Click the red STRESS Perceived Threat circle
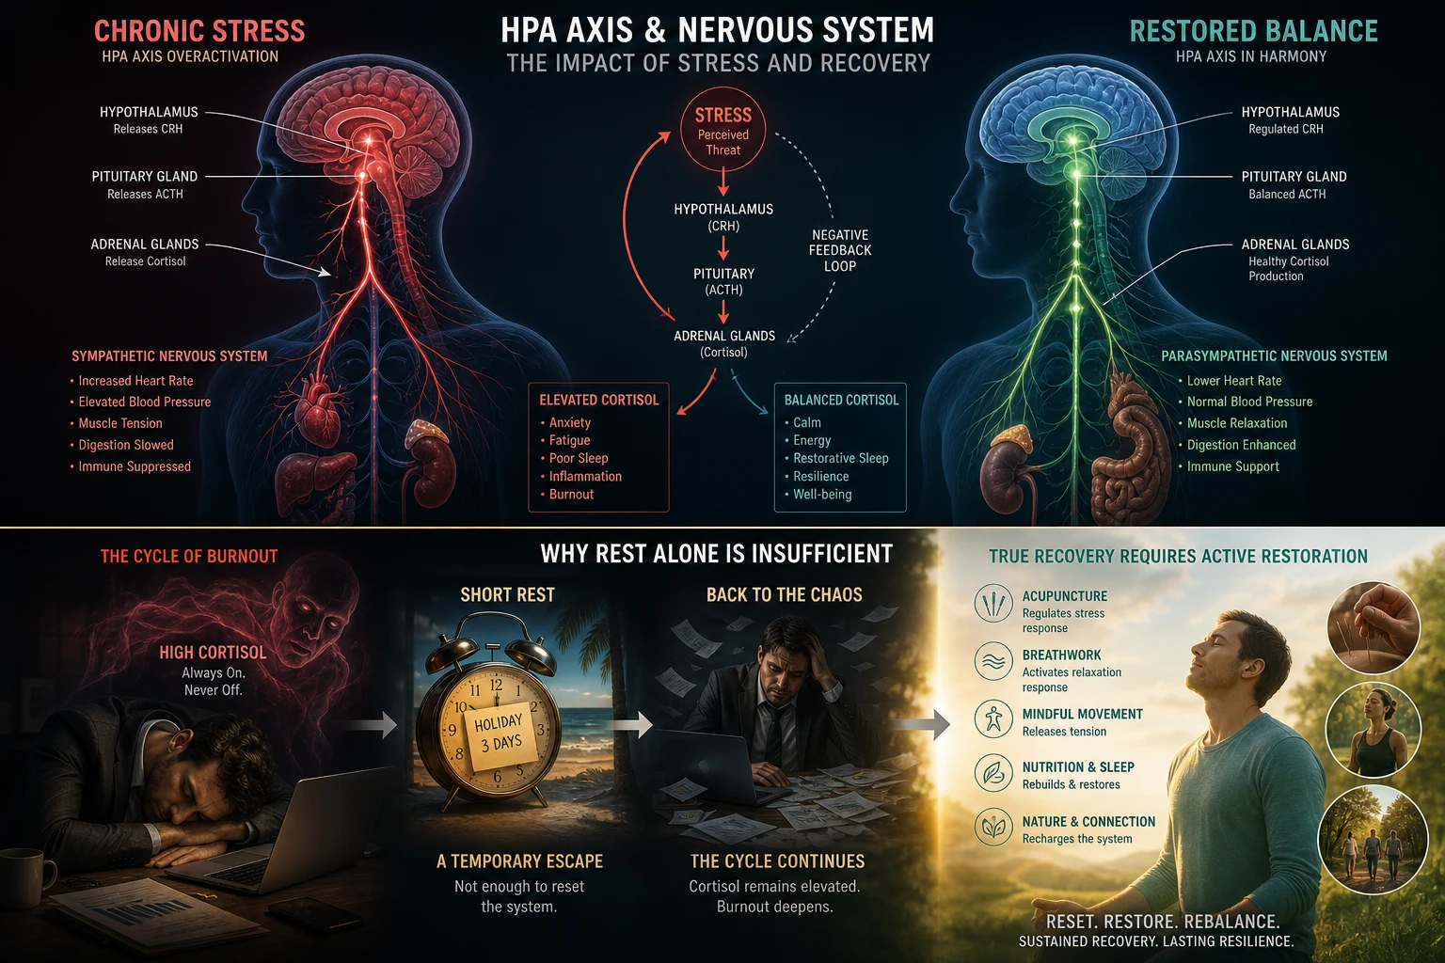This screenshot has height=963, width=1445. [722, 131]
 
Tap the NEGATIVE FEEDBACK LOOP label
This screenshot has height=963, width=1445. [840, 250]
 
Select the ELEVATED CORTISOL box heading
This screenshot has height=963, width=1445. [598, 400]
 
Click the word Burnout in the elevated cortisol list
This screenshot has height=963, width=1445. [571, 494]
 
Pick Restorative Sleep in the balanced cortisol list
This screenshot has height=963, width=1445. [840, 458]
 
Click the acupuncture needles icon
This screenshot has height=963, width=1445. [993, 603]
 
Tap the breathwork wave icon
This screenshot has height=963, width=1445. [993, 661]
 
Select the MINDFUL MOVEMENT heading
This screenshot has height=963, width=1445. [1082, 714]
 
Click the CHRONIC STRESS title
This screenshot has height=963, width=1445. [199, 31]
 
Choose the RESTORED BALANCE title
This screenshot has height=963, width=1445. [1253, 31]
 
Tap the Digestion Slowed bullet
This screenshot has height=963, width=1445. [125, 445]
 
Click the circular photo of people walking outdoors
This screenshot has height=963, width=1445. [1372, 840]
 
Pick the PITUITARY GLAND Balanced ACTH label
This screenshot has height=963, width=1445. [1294, 184]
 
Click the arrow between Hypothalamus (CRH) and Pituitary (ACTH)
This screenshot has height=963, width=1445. [723, 247]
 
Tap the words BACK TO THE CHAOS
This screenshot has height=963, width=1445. [784, 594]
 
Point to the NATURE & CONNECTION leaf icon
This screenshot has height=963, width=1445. [993, 827]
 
